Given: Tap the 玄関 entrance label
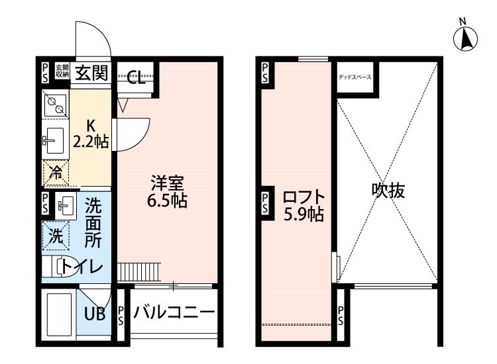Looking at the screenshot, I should coord(91,72).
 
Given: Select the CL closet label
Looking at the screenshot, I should coord(136,80).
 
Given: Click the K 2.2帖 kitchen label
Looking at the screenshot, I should coord(90,132).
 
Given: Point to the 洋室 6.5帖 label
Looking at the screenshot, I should coord(167,191).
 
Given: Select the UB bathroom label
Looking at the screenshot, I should coord(95,314).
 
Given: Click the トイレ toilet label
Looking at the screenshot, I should coord(84,267).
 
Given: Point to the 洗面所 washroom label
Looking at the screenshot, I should coord(93,222).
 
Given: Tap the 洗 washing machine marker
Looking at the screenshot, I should coord(56,235).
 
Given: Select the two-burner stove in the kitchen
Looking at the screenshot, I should coord(55,104).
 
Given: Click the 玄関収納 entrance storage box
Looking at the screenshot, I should coord(62,71).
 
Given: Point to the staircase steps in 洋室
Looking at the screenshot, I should coord(139,271).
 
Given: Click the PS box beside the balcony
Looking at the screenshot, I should coord(121,316).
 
